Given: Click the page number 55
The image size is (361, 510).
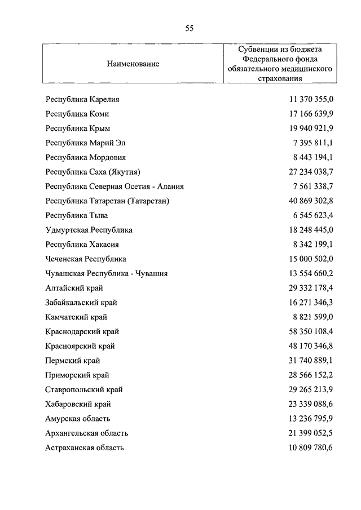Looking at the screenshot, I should [x=189, y=28].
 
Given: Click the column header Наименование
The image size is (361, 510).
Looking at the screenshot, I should [x=133, y=64].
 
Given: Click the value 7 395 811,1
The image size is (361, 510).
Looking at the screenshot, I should [x=314, y=143].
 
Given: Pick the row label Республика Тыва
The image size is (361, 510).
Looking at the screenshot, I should [x=77, y=215].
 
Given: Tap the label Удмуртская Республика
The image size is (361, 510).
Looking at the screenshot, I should [x=89, y=230].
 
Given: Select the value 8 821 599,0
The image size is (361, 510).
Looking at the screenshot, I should [x=314, y=317].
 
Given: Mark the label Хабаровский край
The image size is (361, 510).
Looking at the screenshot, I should [x=78, y=404].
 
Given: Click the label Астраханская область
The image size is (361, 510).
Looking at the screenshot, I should [x=85, y=448].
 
